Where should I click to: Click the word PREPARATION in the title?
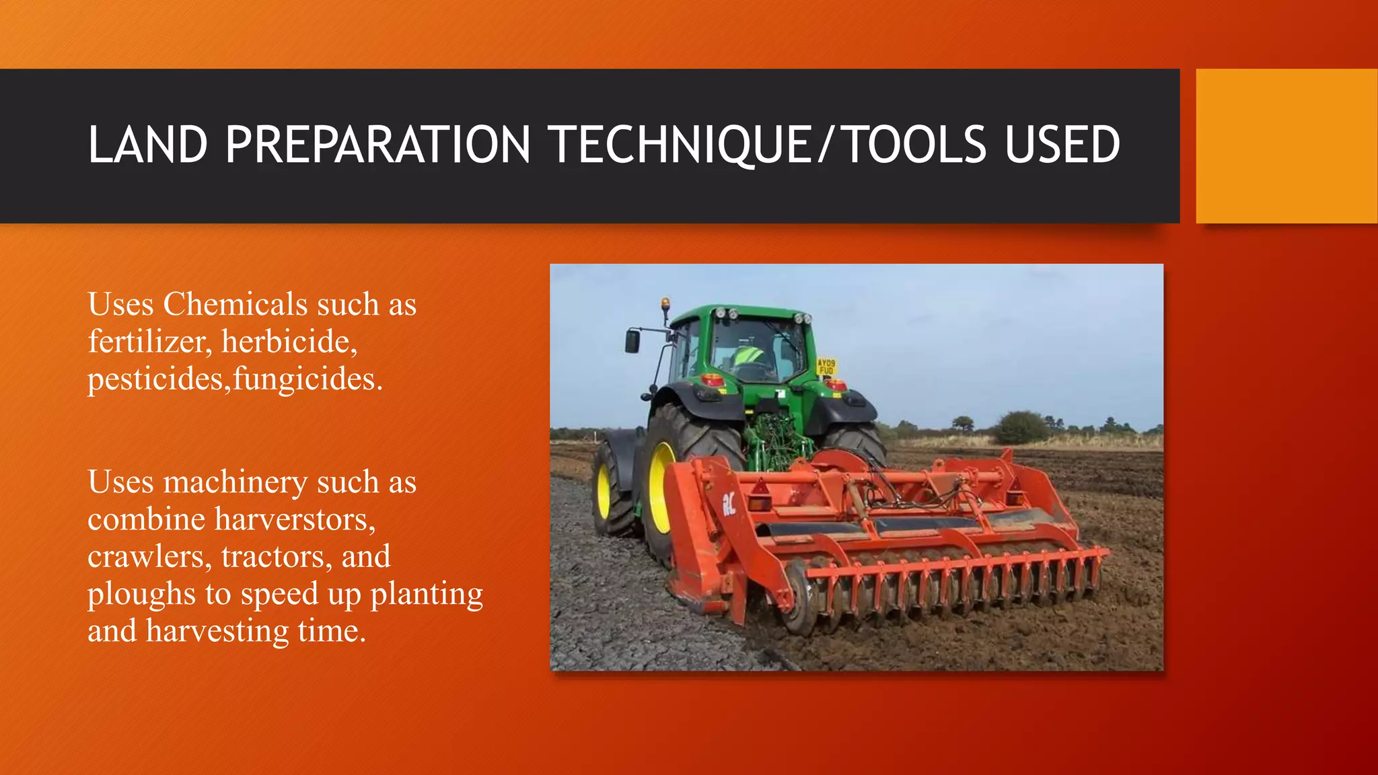click(377, 145)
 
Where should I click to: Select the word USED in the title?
click(1062, 145)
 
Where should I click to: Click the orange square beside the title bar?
click(1286, 146)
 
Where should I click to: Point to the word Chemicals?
click(235, 304)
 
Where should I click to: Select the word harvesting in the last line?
click(217, 631)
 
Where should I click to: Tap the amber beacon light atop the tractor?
click(665, 304)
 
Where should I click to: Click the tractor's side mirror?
click(632, 341)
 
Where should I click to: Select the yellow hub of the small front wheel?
click(604, 491)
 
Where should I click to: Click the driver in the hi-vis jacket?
click(748, 357)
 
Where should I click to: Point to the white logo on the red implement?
click(729, 503)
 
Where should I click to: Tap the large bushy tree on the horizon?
click(1021, 427)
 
